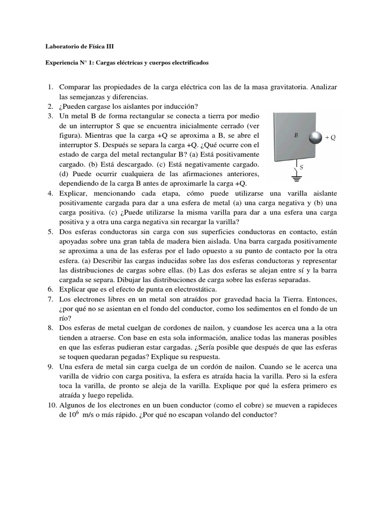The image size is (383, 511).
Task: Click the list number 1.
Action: tap(50, 87)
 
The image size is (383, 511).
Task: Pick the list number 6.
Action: tap(50, 289)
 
